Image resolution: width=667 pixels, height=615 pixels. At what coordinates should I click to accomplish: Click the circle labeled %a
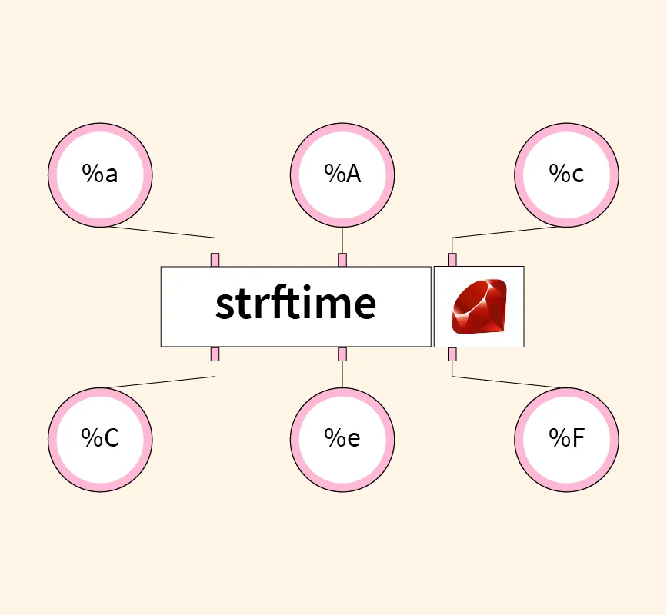coord(100,175)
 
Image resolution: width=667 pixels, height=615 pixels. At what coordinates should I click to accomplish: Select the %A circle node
coord(342,175)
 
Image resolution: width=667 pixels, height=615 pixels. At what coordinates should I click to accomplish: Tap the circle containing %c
coord(566,175)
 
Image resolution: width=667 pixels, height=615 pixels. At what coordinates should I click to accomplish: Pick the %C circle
coord(100,439)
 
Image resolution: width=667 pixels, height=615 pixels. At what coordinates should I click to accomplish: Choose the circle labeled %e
coord(342,439)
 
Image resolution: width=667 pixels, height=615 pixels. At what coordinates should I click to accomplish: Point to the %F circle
coord(566,439)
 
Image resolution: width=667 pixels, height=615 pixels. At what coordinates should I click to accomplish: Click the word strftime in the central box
coord(295,305)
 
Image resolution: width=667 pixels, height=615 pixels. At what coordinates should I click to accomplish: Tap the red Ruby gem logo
coord(479,306)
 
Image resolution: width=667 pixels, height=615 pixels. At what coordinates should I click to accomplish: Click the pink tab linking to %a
coord(215,260)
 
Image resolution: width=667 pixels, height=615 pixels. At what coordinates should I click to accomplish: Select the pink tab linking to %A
coord(342,260)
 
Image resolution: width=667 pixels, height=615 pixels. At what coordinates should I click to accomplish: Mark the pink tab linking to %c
coord(452,260)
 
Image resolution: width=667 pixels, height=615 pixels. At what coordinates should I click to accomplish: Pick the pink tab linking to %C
coord(215,354)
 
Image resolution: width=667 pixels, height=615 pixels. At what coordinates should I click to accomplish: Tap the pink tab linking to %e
coord(342,354)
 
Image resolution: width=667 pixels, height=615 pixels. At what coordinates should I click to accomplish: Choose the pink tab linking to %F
coord(452,354)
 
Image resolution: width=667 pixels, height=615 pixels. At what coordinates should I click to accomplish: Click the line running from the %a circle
coord(162,232)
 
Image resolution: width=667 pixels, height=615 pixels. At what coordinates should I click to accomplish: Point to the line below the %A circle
coord(342,240)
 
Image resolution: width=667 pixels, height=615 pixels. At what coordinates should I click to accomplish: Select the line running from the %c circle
coord(504,232)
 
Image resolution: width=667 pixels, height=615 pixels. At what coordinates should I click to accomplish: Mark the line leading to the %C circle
coord(162,381)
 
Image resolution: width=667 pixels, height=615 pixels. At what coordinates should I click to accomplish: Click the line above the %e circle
coord(342,374)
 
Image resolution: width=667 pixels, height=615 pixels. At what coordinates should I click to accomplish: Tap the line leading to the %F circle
coord(504,381)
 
